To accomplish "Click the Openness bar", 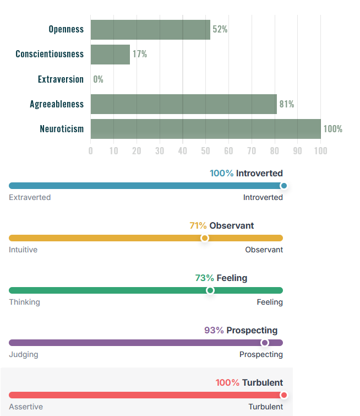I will (x=150, y=29).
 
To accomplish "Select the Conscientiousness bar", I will (x=110, y=54).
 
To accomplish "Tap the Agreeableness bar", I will (x=183, y=104).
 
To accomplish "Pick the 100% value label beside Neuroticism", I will (x=332, y=129).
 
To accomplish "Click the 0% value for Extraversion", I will (x=98, y=79).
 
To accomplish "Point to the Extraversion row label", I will (x=61, y=79).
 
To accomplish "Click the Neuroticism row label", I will (x=62, y=129).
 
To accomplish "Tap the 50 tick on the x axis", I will (x=205, y=150).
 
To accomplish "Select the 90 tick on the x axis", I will (x=297, y=150).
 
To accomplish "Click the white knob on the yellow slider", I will (x=205, y=238).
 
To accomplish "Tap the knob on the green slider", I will (x=210, y=290).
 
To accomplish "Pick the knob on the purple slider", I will (x=264, y=343).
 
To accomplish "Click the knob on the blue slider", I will (x=283, y=186).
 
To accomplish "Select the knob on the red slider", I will (x=283, y=395).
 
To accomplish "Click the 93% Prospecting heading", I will (x=241, y=330).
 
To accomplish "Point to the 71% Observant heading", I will (x=221, y=225).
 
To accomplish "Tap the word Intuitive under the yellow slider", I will (x=23, y=250).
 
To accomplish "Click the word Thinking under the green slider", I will (x=24, y=302).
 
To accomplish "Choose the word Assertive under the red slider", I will (x=25, y=407).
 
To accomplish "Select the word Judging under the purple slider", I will (x=24, y=354).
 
